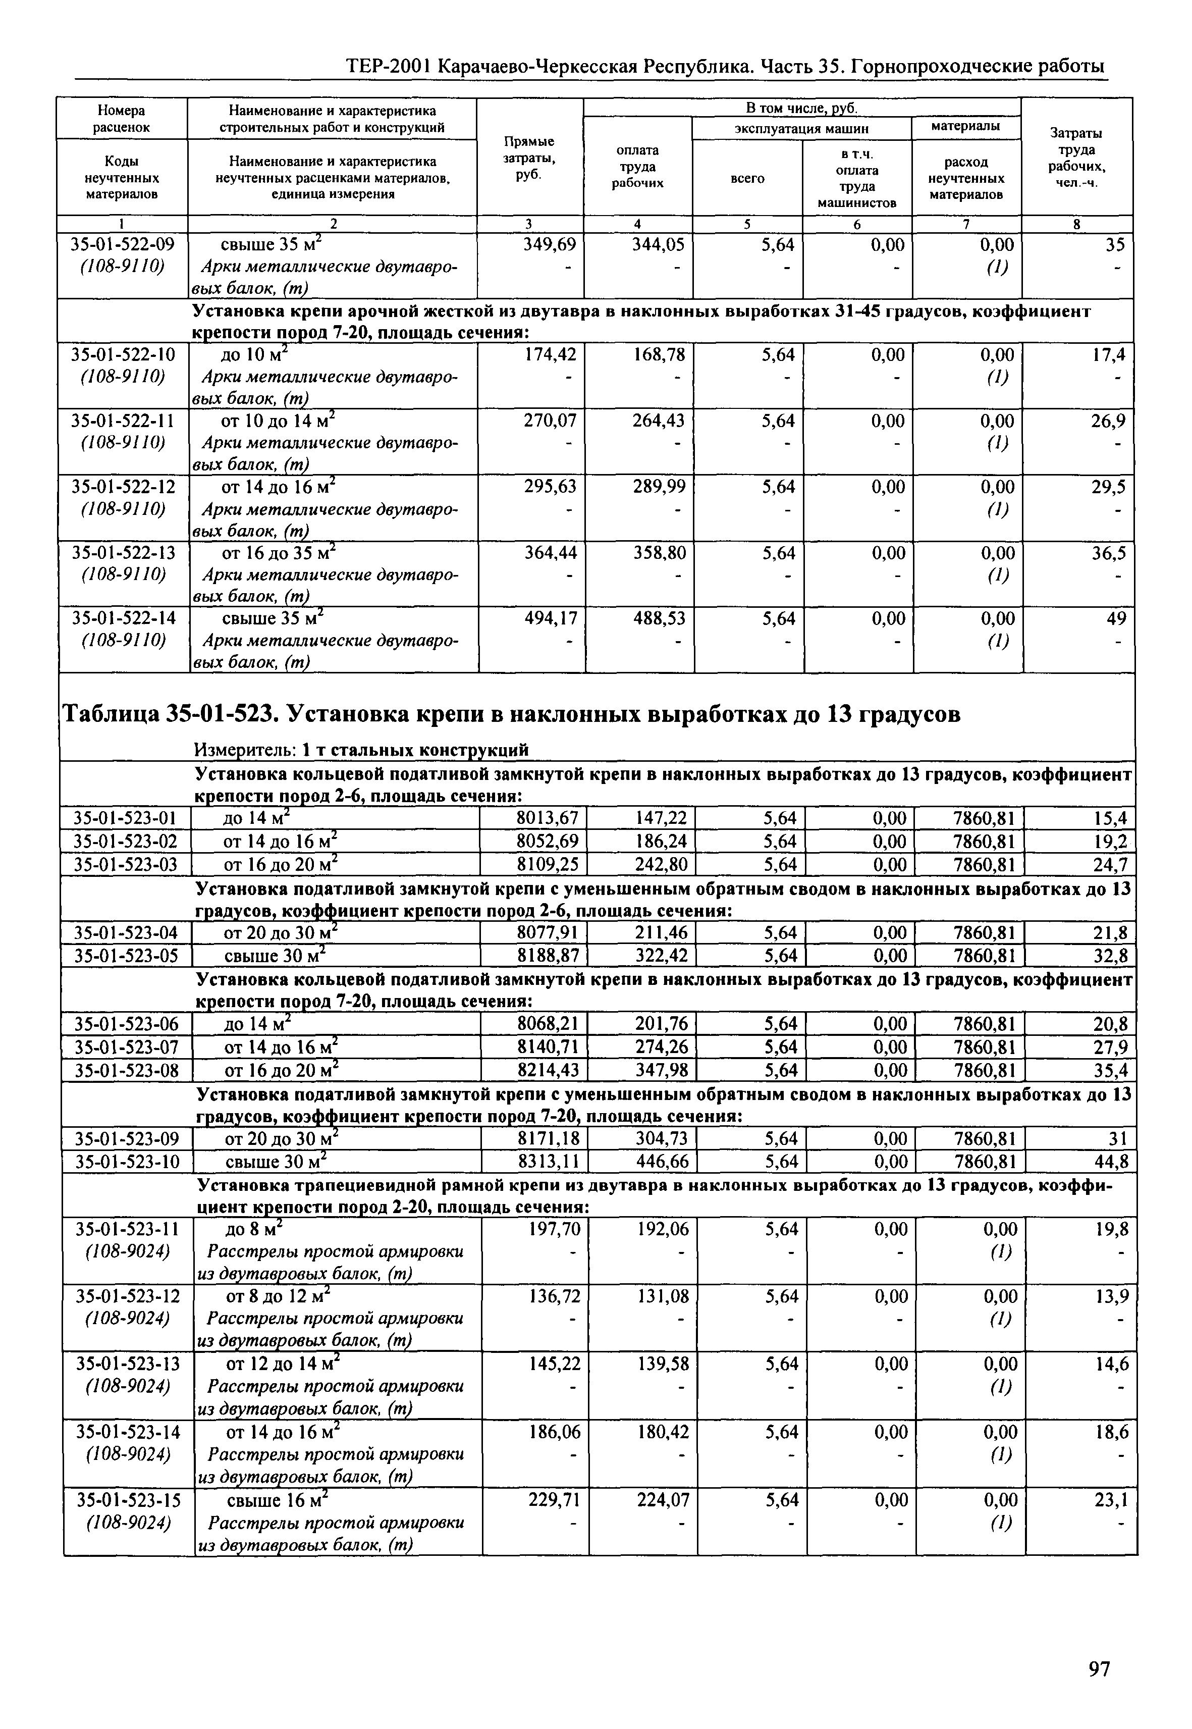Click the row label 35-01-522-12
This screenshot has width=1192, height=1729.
click(123, 487)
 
